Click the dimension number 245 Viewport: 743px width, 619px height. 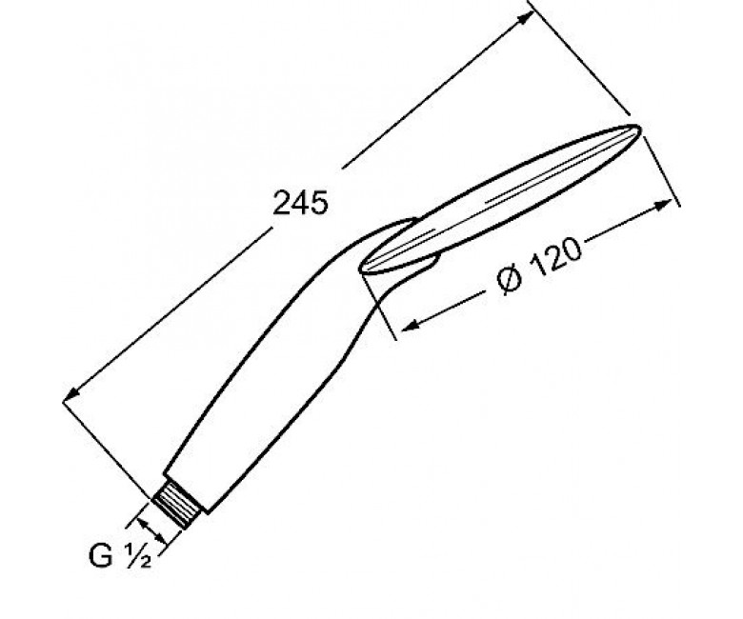point(300,203)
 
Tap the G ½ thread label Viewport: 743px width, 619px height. point(120,555)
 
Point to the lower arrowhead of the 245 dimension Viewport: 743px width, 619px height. point(72,394)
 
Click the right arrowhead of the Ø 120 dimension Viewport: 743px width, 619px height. point(663,206)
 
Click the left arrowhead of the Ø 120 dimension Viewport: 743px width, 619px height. point(410,325)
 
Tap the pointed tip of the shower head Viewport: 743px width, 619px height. point(639,127)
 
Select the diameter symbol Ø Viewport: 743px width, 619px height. point(509,280)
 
